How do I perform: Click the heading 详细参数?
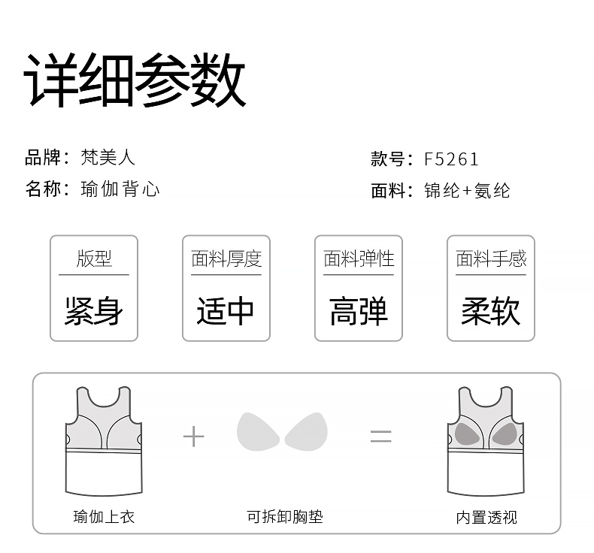pyautogui.click(x=135, y=81)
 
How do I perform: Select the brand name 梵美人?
pyautogui.click(x=108, y=158)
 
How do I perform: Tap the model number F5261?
pyautogui.click(x=451, y=159)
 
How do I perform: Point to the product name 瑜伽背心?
pyautogui.click(x=120, y=189)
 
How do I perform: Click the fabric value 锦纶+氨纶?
pyautogui.click(x=467, y=191)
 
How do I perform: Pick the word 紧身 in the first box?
pyautogui.click(x=93, y=310)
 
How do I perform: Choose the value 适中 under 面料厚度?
pyautogui.click(x=226, y=310)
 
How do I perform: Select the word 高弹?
pyautogui.click(x=359, y=310)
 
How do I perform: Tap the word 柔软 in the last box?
pyautogui.click(x=490, y=310)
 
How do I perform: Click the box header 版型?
pyautogui.click(x=94, y=259)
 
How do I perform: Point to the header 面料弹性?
pyautogui.click(x=359, y=259)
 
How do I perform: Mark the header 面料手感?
pyautogui.click(x=491, y=259)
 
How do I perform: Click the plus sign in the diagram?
pyautogui.click(x=194, y=436)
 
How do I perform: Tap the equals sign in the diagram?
pyautogui.click(x=381, y=436)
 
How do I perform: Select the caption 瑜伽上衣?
pyautogui.click(x=104, y=517)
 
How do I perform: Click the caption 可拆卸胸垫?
pyautogui.click(x=285, y=517)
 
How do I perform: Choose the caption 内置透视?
pyautogui.click(x=486, y=517)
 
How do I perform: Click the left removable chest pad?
pyautogui.click(x=258, y=432)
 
